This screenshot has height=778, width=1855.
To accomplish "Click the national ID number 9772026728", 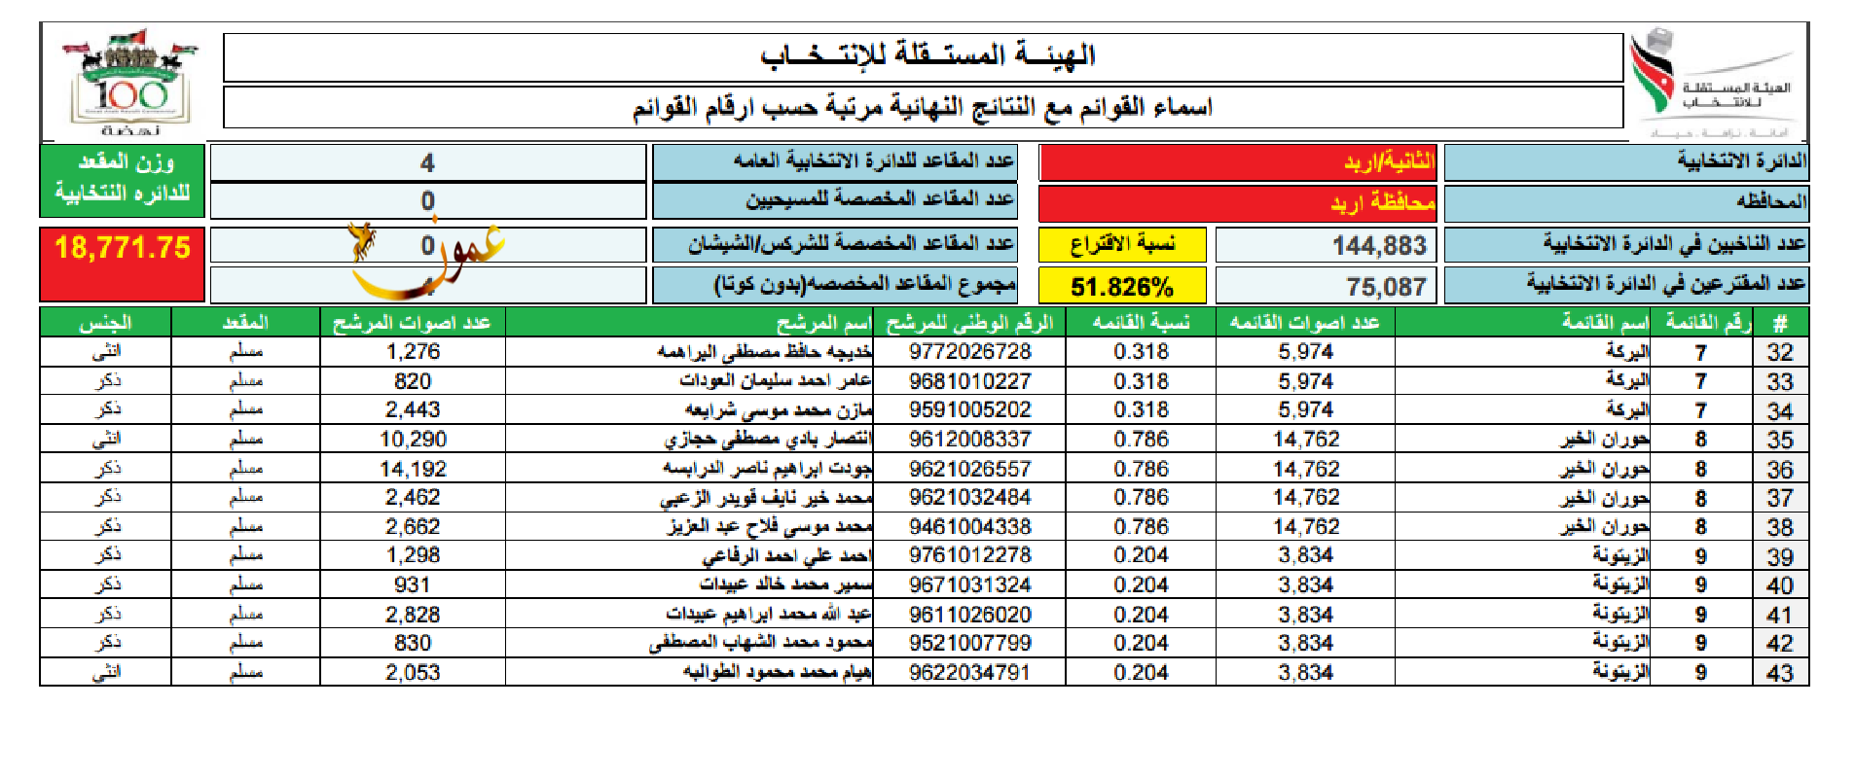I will point(969,351).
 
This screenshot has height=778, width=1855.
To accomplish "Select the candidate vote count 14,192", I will point(413,469).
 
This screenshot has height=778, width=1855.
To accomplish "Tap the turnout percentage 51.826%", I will point(1121,287).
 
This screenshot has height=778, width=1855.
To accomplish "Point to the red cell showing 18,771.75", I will point(123,248).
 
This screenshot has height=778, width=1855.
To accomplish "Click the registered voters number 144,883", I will point(1378,246).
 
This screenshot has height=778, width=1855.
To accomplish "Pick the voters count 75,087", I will point(1386,287).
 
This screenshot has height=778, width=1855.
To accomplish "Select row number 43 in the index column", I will point(1779,673).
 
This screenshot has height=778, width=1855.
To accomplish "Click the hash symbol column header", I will point(1779,323).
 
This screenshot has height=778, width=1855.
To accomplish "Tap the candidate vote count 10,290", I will point(413,440).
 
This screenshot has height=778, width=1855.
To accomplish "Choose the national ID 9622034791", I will point(969,673).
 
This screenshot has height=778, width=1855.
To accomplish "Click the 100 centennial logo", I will point(130,86).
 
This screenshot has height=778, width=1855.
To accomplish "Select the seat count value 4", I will point(427,163).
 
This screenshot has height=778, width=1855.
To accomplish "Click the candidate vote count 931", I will point(413,584).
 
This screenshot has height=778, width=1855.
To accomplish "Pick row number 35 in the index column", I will point(1779,440).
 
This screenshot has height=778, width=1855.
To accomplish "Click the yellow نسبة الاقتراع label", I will point(1121,244).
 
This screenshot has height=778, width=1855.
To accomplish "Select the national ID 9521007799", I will point(969,643).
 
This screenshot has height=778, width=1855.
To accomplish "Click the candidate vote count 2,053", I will point(413,673).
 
